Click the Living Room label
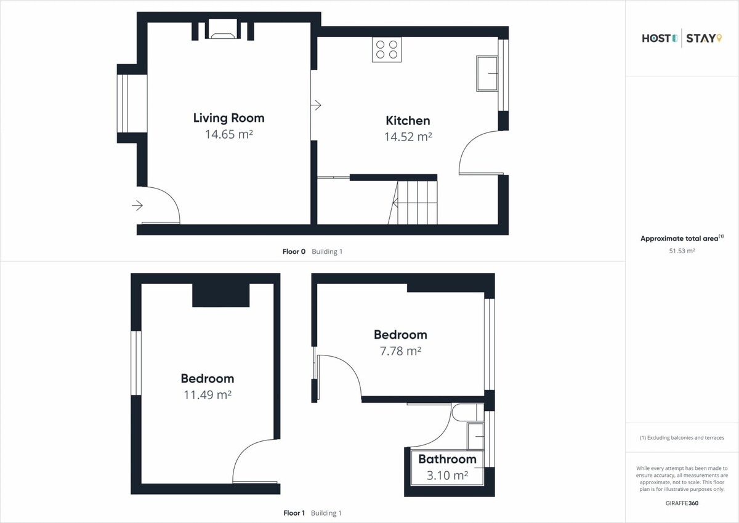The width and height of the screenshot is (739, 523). pyautogui.click(x=228, y=118)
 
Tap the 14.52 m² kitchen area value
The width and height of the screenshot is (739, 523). pyautogui.click(x=408, y=137)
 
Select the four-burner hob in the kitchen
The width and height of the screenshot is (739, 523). pyautogui.click(x=387, y=49)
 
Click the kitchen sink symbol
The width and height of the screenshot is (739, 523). pyautogui.click(x=487, y=73)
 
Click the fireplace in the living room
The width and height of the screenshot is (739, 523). pyautogui.click(x=223, y=30)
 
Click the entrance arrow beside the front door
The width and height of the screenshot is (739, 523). pyautogui.click(x=137, y=206)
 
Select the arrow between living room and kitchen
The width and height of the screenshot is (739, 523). pyautogui.click(x=316, y=105)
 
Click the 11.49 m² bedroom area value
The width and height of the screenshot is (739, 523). pyautogui.click(x=208, y=395)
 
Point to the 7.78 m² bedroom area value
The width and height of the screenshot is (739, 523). pyautogui.click(x=400, y=351)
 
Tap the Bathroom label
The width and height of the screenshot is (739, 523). pyautogui.click(x=447, y=460)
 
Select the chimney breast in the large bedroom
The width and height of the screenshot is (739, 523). pyautogui.click(x=220, y=295)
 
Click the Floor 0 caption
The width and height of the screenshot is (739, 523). pyautogui.click(x=294, y=251)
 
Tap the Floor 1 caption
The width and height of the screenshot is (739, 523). pyautogui.click(x=294, y=513)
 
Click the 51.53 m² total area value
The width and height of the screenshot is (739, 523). pyautogui.click(x=682, y=251)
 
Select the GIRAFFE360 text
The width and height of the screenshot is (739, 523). pyautogui.click(x=682, y=503)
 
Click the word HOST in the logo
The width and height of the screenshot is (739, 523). pyautogui.click(x=655, y=39)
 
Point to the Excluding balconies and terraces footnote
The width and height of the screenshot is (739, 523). pyautogui.click(x=682, y=438)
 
